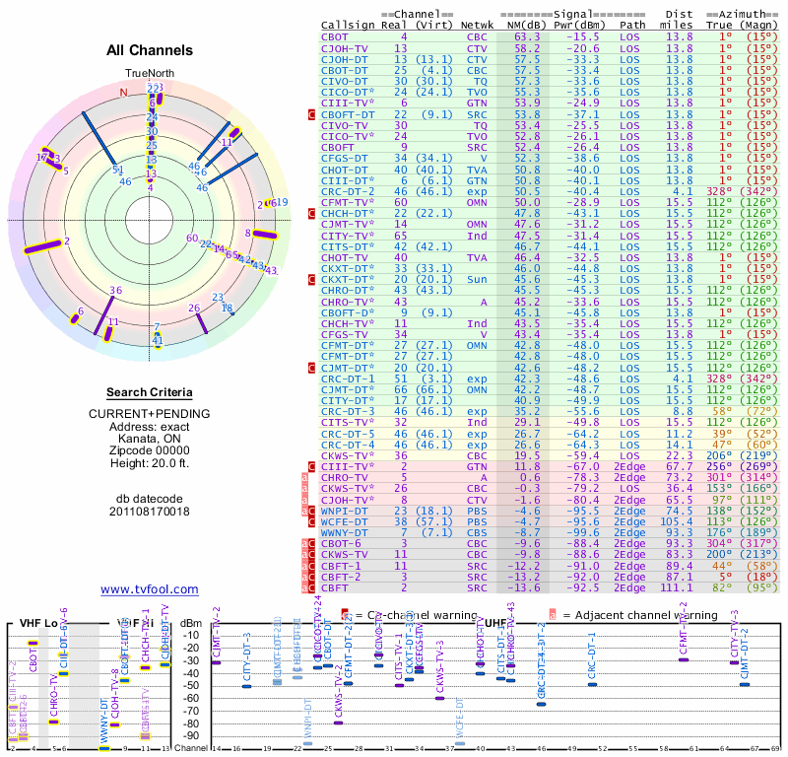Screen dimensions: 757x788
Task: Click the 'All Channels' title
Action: coord(149,50)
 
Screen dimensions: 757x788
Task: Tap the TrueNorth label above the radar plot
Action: coord(149,74)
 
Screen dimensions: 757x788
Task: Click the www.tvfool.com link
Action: coord(149,589)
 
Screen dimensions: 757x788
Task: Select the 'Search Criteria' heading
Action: coord(149,392)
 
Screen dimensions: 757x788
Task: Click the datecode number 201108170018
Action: coord(149,511)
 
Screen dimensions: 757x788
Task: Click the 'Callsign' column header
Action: coord(348,25)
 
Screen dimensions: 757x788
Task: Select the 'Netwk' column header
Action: coord(477,25)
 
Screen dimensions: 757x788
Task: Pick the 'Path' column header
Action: coord(632,25)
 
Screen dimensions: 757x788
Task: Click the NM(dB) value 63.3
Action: coord(527,36)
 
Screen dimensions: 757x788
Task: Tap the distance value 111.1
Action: coord(677,587)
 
